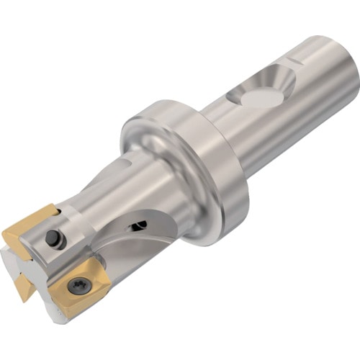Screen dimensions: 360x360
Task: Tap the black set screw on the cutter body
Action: click(52, 238)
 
